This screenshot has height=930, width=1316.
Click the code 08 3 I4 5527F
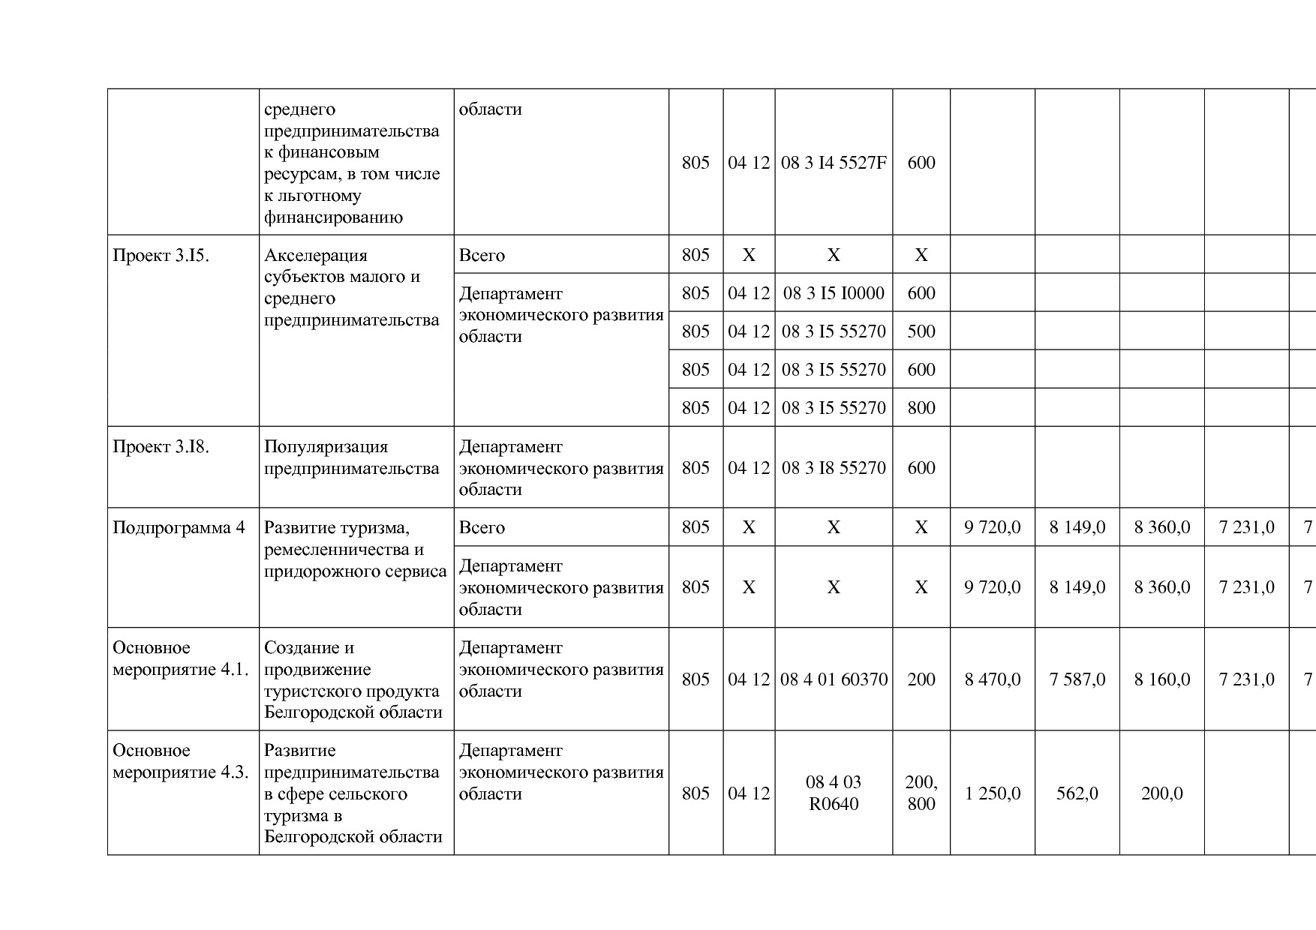(x=834, y=163)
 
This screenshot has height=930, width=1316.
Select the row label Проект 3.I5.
(x=161, y=256)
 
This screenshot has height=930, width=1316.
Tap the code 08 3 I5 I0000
(x=834, y=293)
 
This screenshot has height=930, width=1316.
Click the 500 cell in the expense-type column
(x=921, y=331)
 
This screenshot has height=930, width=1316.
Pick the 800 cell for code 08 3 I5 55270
(x=921, y=408)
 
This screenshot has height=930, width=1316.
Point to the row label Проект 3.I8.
(x=161, y=447)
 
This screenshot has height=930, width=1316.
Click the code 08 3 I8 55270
(x=834, y=468)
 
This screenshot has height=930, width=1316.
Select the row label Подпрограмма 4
(x=179, y=528)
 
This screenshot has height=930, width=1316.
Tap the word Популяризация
(x=326, y=447)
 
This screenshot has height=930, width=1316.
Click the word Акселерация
(x=316, y=256)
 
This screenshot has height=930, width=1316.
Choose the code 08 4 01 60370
(x=834, y=679)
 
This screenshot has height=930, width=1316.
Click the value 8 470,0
(x=992, y=679)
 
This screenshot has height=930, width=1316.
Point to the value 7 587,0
(x=1077, y=679)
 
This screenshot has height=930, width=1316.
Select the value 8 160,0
(x=1161, y=679)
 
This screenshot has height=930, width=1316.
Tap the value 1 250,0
(x=992, y=793)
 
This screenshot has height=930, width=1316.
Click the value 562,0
(x=1077, y=793)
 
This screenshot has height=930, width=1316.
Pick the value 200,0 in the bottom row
(x=1161, y=793)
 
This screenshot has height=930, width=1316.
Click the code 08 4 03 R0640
(x=834, y=793)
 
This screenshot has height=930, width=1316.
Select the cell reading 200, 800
(x=921, y=793)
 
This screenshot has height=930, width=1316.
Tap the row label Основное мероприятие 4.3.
(x=180, y=761)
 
